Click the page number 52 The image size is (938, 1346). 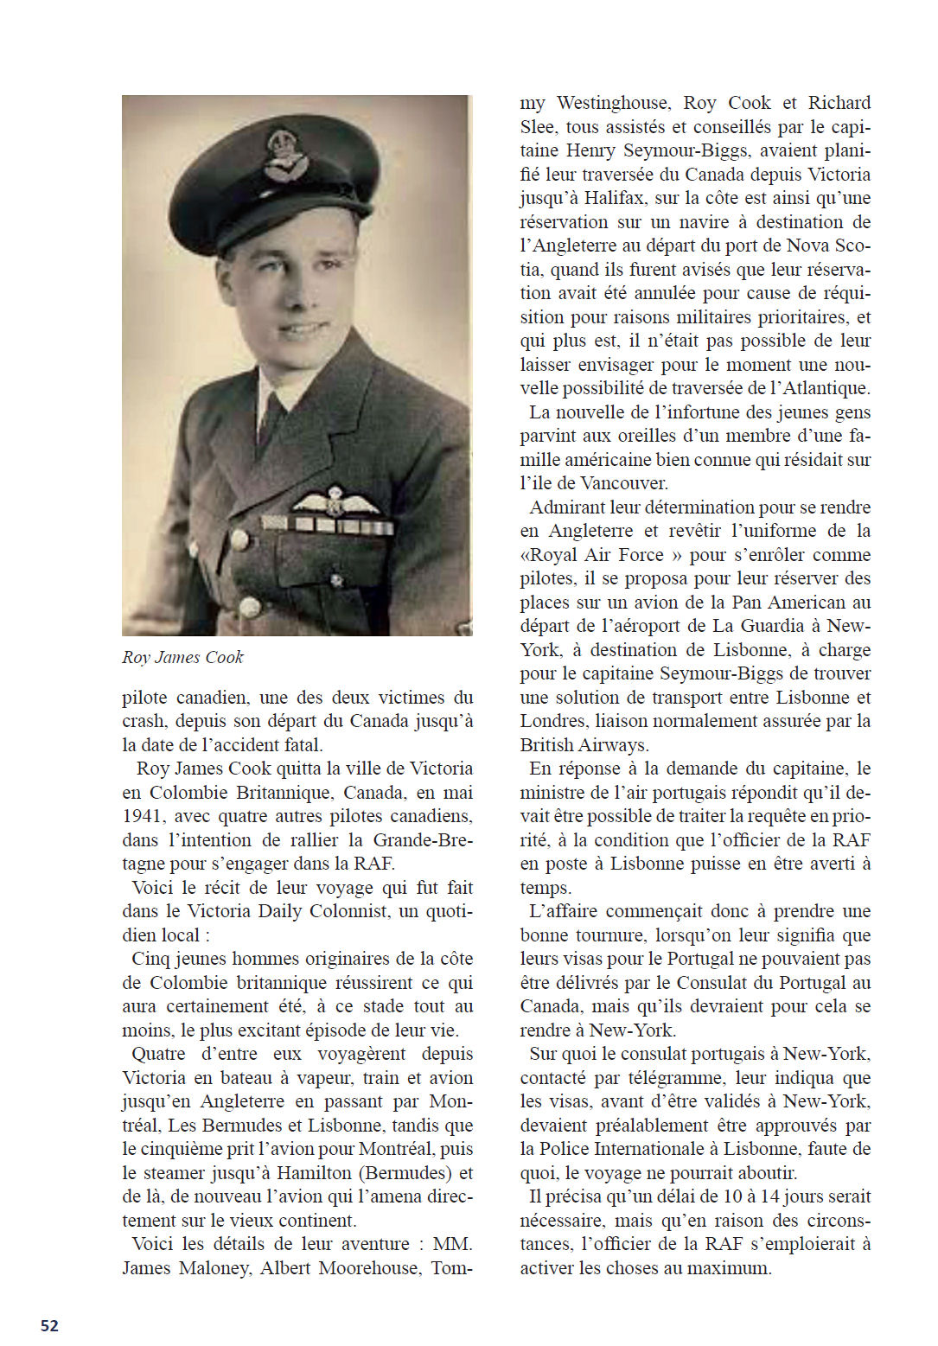(x=49, y=1325)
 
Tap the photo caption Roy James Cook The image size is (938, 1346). (x=182, y=657)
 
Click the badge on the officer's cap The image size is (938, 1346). (x=284, y=154)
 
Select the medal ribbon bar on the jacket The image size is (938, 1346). (x=327, y=524)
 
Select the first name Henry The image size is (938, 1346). (x=591, y=150)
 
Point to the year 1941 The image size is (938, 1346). (x=143, y=816)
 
